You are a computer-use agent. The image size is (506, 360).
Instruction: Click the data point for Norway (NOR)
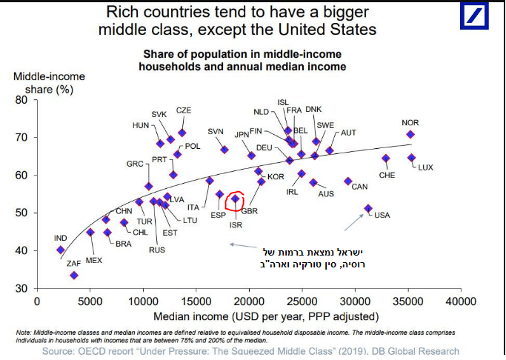(x=410, y=134)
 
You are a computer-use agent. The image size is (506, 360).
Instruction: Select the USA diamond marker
(x=368, y=208)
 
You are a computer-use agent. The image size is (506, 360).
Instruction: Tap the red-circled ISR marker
(x=236, y=199)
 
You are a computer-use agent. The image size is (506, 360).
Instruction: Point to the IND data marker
(x=60, y=250)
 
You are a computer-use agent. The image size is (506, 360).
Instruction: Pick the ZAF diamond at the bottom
(x=73, y=275)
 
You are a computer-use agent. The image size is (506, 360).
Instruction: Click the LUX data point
(x=411, y=157)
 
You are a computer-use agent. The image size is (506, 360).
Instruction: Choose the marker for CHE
(x=385, y=158)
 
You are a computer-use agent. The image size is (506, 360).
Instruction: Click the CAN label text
(x=359, y=186)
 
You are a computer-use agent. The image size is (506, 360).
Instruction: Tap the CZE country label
(x=184, y=110)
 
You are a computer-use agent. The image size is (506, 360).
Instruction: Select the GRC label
(x=135, y=164)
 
